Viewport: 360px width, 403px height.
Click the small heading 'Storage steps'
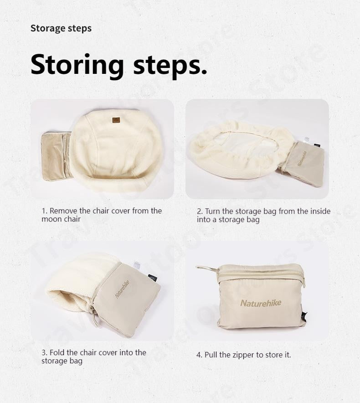coord(61,28)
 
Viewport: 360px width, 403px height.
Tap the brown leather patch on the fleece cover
coord(116,120)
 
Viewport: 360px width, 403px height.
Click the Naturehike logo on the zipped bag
coord(261,303)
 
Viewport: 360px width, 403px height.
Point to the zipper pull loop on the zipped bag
coord(206,268)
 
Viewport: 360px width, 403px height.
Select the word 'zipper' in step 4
coord(243,355)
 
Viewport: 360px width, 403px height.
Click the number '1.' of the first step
coord(45,211)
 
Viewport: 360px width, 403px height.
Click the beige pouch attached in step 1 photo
coord(56,156)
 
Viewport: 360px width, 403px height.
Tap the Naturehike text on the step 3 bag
coord(122,289)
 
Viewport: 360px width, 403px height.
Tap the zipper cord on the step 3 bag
coord(95,316)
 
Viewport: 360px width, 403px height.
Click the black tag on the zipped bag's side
coord(305,315)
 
